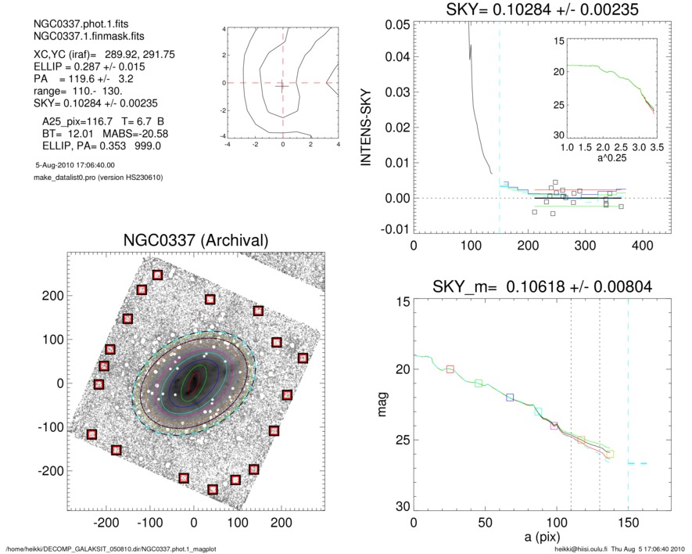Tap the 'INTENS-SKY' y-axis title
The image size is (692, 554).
pyautogui.click(x=365, y=126)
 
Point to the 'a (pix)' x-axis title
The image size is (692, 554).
pyautogui.click(x=541, y=540)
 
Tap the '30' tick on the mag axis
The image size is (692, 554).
pyautogui.click(x=397, y=507)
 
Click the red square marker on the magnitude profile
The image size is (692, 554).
pyautogui.click(x=450, y=369)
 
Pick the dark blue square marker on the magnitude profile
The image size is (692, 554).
pyautogui.click(x=510, y=398)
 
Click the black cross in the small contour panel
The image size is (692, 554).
pyautogui.click(x=282, y=86)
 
